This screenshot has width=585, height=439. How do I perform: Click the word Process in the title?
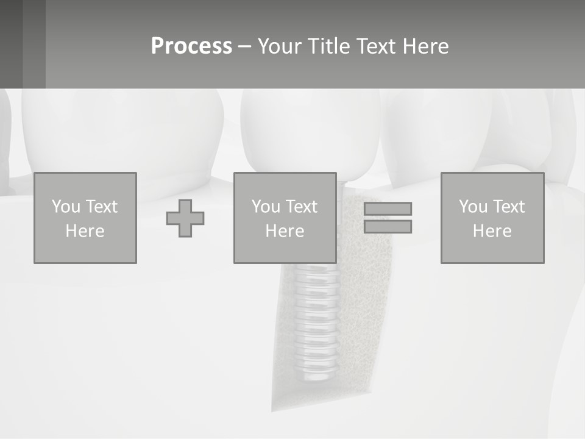pos(191,46)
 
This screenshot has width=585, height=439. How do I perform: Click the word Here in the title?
pos(427,46)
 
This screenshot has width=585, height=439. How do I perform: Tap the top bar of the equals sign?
pos(388,209)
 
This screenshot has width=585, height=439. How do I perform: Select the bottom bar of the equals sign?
pos(388,227)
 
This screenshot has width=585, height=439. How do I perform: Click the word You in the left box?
pos(66,207)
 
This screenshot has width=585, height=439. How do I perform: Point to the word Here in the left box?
pos(85,231)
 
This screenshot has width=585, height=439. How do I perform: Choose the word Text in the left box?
pos(101,207)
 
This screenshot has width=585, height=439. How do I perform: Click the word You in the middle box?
pos(266,207)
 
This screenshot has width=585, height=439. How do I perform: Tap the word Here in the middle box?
pos(285,231)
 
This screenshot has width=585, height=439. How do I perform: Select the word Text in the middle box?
pos(301,207)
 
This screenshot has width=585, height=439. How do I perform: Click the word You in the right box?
pos(473,207)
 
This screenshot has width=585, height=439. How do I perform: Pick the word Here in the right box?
pos(492,231)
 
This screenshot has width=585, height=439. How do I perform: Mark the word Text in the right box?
pos(508,207)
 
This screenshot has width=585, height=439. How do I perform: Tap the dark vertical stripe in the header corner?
pos(34,44)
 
